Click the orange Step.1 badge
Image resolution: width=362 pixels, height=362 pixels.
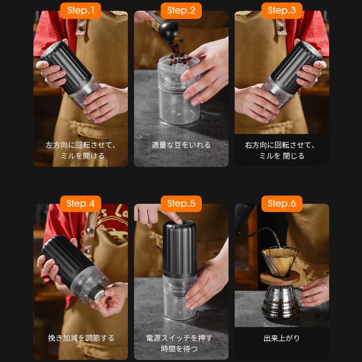tap(81, 11)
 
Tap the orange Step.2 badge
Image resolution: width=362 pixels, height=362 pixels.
tap(181, 11)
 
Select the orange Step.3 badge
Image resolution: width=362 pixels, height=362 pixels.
tap(282, 11)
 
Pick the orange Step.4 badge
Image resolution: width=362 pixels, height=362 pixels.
tap(81, 204)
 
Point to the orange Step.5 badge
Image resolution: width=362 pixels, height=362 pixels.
tap(181, 204)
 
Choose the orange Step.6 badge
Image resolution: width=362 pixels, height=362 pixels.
tap(282, 204)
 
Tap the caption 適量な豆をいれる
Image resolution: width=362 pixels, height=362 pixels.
tap(181, 145)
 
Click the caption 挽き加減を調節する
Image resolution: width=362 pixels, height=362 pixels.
tap(81, 338)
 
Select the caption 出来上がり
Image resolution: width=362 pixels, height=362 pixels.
tap(282, 338)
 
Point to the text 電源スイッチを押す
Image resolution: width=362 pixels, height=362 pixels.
tap(179, 338)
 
